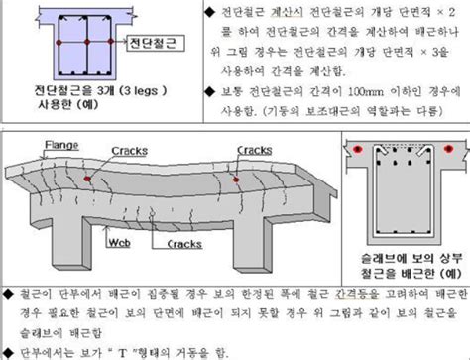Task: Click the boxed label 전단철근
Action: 156,46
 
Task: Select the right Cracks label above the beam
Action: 254,151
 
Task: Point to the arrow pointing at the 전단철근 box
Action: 121,46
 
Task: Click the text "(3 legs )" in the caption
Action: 133,88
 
